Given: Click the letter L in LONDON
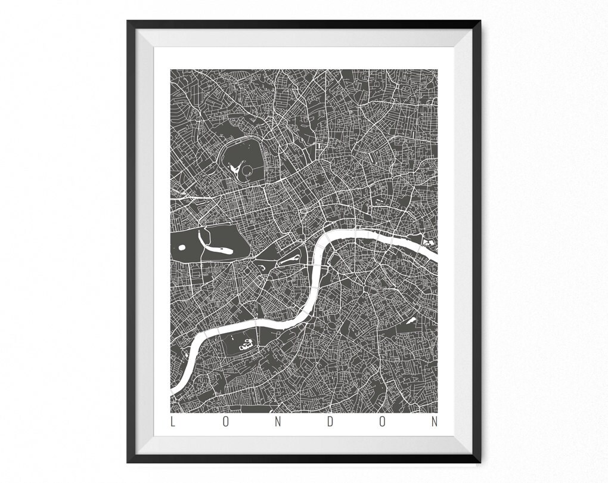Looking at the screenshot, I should point(173,422).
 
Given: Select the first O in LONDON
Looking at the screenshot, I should point(225,422).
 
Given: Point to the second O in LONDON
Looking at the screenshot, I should point(382,422).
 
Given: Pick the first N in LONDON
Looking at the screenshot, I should point(277,422).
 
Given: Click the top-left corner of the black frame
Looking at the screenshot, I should point(128,21).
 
